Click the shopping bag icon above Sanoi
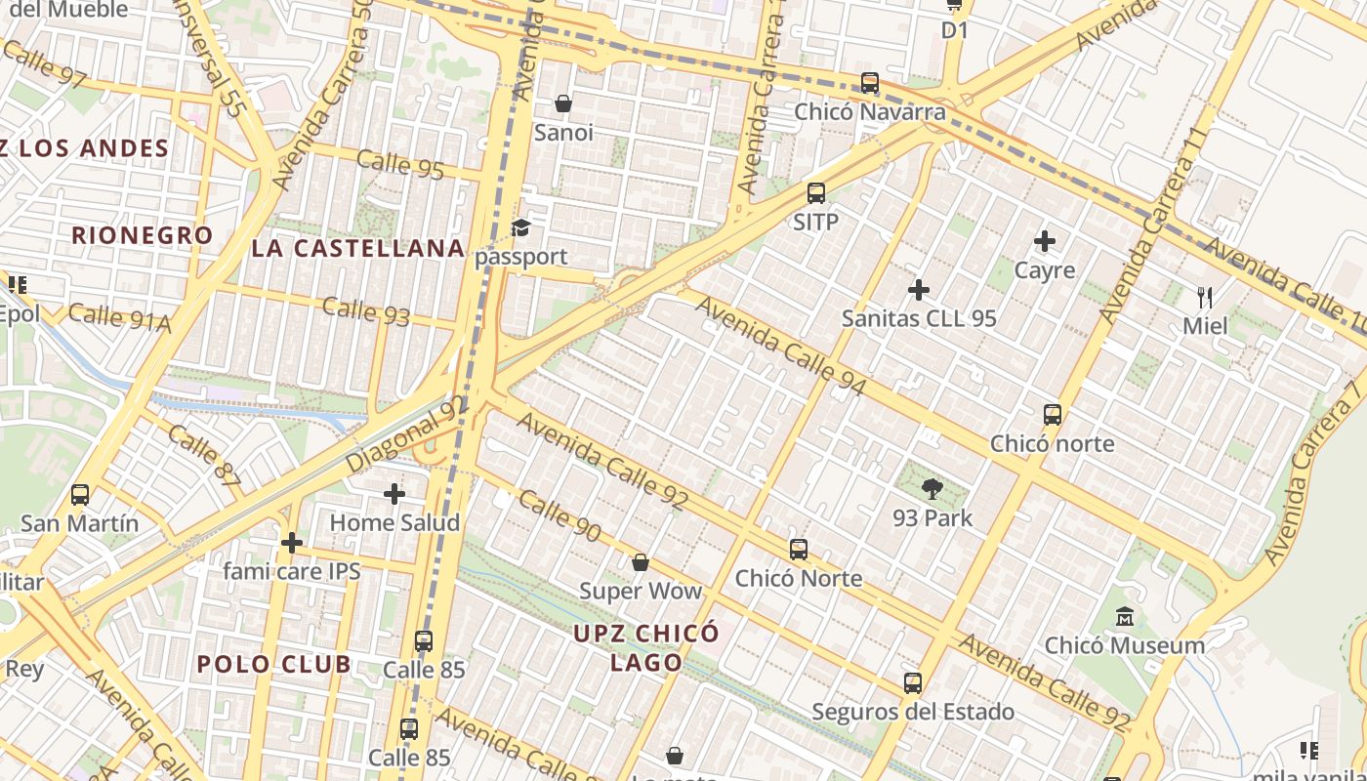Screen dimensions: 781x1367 563,103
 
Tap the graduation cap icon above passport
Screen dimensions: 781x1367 521,228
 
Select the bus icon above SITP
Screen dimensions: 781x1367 816,193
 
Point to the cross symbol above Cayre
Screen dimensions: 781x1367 1045,241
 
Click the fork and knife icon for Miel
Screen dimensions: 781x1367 1205,296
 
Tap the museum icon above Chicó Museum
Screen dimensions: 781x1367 1125,617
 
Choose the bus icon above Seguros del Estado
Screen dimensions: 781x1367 913,683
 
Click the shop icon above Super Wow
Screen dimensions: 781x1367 641,562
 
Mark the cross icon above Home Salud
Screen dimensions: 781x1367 394,494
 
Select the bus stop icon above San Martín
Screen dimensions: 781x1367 80,495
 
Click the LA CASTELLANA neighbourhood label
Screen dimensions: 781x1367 357,248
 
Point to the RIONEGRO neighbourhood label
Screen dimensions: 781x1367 143,235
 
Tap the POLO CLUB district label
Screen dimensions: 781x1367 273,665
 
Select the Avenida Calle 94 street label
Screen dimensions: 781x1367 781,346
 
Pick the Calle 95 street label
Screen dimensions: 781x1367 400,163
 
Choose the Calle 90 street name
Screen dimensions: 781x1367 559,515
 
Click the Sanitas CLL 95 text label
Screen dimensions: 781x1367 919,318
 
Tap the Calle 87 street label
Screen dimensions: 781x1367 203,456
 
